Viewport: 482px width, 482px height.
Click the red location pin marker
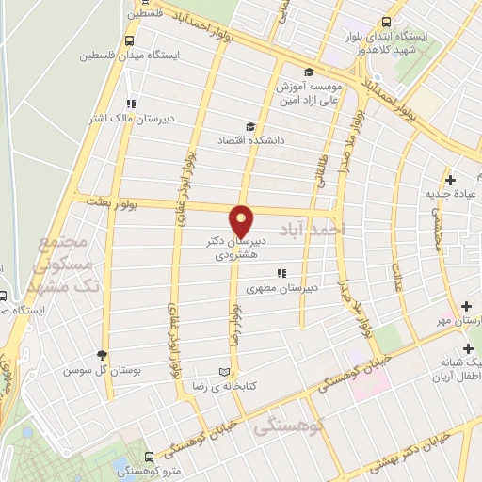(242, 220)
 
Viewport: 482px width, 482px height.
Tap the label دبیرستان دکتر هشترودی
(235, 248)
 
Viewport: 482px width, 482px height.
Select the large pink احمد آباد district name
(313, 229)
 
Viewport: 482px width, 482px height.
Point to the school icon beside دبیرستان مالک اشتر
(130, 104)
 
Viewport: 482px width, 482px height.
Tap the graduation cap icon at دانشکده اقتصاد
(249, 126)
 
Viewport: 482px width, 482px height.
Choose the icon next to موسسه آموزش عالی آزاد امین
(307, 72)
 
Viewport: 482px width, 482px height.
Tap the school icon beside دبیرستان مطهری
(280, 274)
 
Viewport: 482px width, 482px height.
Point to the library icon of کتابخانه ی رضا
(223, 371)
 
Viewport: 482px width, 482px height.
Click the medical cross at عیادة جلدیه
(450, 180)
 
